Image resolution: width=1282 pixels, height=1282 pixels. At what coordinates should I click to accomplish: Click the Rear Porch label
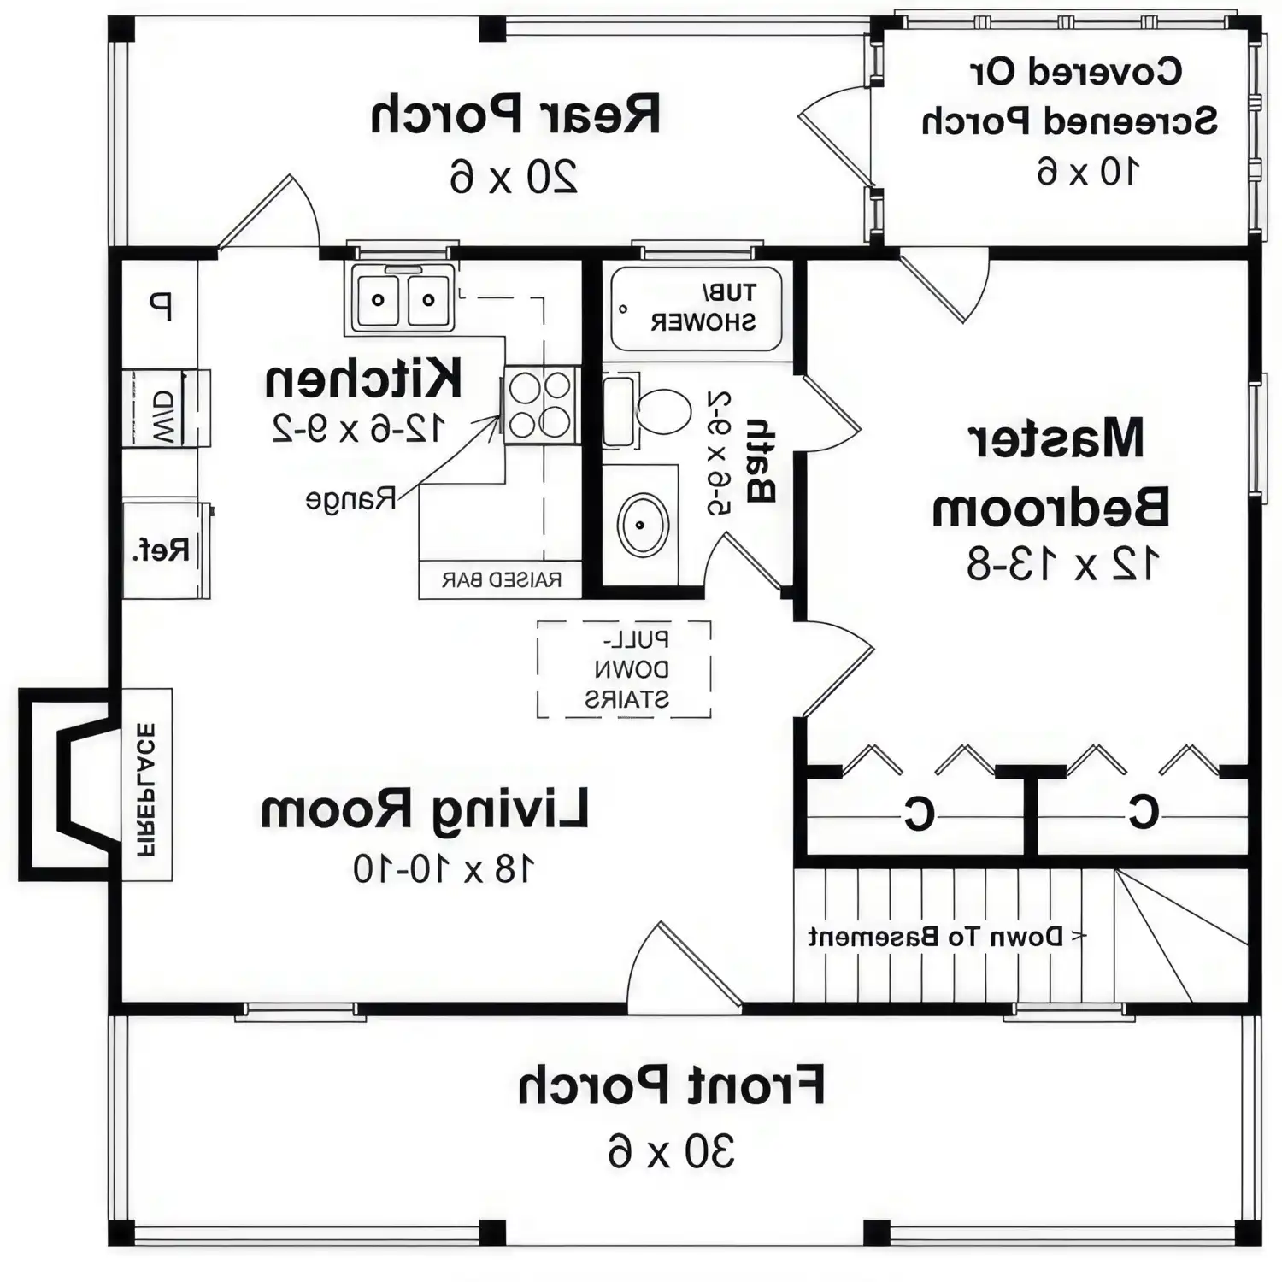click(x=515, y=115)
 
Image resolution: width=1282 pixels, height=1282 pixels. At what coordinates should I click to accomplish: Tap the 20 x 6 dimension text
click(x=514, y=177)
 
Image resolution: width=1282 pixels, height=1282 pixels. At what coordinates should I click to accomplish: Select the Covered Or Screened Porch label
click(x=1071, y=97)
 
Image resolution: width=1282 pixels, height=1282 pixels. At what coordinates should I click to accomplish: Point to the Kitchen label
click(x=363, y=379)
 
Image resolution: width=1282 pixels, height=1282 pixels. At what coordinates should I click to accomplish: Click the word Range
click(x=351, y=499)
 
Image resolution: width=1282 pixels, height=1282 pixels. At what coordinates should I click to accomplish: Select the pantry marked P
click(x=160, y=305)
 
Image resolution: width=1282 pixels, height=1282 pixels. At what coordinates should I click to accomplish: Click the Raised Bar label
click(x=502, y=580)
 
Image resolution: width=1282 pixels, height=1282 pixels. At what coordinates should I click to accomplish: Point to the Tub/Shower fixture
click(x=697, y=308)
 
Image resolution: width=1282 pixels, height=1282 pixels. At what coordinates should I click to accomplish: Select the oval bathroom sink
click(x=644, y=524)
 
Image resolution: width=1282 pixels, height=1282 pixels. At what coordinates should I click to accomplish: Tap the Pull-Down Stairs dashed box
click(x=624, y=669)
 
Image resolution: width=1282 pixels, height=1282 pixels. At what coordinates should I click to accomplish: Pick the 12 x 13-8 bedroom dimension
click(x=1062, y=564)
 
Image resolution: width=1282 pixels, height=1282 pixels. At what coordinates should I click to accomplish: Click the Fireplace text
click(x=146, y=790)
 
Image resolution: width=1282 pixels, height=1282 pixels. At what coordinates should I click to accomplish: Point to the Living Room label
click(x=424, y=810)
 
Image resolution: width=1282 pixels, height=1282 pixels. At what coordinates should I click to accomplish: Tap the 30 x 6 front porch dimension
click(x=671, y=1150)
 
